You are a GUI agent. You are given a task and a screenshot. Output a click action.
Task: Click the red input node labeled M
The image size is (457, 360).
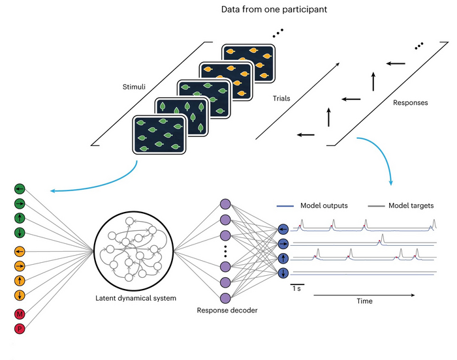coord(20,314)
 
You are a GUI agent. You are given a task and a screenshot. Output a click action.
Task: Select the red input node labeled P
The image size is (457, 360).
coord(20,329)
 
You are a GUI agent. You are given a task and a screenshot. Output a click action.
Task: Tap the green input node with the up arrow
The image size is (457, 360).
coord(20,218)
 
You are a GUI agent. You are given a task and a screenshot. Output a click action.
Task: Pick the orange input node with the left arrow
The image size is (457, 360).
coord(20,251)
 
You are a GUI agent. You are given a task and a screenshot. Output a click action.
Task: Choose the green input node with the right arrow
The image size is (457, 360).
coord(20,203)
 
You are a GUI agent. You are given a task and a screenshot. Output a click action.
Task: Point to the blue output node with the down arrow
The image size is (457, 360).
coord(283,273)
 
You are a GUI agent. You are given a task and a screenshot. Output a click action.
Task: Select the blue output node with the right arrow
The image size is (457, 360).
coord(283,244)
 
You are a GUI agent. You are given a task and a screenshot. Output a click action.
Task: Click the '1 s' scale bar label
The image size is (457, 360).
coord(296,288)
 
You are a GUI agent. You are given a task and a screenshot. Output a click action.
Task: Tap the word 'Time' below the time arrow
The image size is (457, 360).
coord(363,301)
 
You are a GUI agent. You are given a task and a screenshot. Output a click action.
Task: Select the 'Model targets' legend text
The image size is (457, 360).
coord(409,205)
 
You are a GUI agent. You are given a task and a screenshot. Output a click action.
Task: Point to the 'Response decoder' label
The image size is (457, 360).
coord(226,310)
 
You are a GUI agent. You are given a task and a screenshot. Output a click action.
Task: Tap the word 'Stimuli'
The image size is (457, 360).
coord(135,86)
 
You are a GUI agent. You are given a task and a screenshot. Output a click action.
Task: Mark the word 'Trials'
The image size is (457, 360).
coord(283,98)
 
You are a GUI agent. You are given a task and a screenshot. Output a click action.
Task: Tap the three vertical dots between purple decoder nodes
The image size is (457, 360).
coord(226,250)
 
